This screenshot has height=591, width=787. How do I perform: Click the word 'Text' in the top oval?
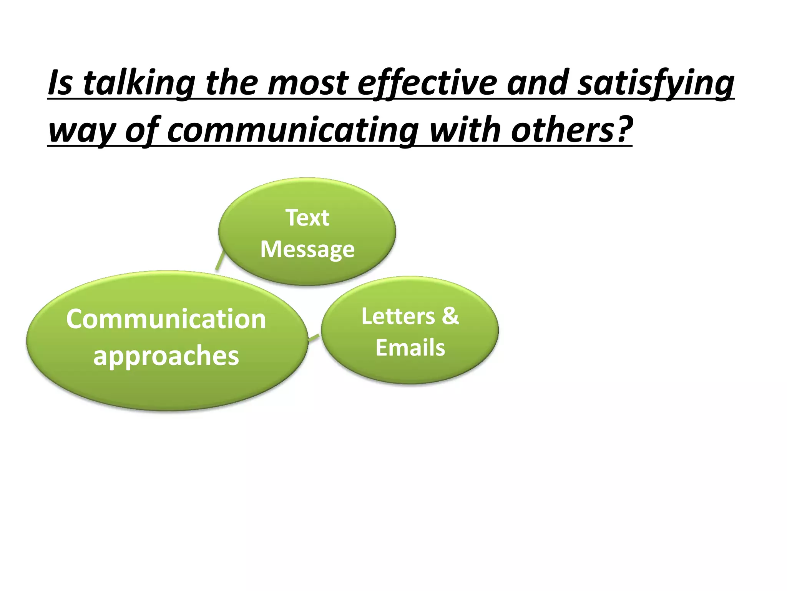point(307,218)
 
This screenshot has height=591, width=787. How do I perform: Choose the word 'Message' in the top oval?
point(307,249)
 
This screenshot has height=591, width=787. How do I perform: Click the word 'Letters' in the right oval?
point(398,316)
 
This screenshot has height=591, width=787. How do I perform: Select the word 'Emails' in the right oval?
point(410,347)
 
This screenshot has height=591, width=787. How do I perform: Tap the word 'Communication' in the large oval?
point(166,319)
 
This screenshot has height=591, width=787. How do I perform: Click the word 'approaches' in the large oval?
point(166,356)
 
